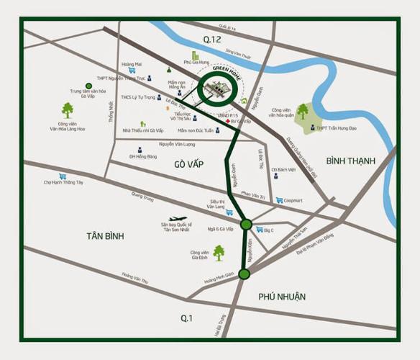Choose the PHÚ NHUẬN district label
[x=281, y=296]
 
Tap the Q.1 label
[x=187, y=318]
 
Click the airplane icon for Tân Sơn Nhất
[x=177, y=218]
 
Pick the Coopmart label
[x=293, y=200]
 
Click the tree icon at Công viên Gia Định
[x=218, y=252]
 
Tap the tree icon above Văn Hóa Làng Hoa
[x=67, y=109]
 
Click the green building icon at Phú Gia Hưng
[x=194, y=55]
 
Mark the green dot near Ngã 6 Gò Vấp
[x=246, y=225]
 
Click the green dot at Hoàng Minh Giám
[x=245, y=274]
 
